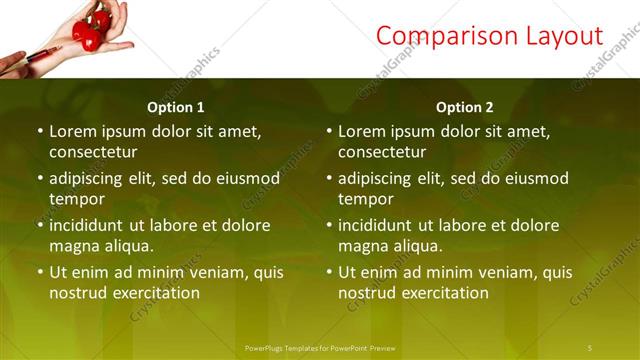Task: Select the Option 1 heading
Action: click(176, 107)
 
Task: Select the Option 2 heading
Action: click(465, 107)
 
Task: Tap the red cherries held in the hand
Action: click(89, 27)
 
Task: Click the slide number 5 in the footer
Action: click(590, 347)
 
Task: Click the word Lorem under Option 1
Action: click(73, 131)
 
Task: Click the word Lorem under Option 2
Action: click(362, 131)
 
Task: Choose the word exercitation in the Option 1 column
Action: click(154, 293)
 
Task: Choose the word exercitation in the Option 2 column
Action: click(443, 293)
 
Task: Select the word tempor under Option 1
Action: click(74, 199)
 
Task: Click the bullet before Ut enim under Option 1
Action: click(40, 272)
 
